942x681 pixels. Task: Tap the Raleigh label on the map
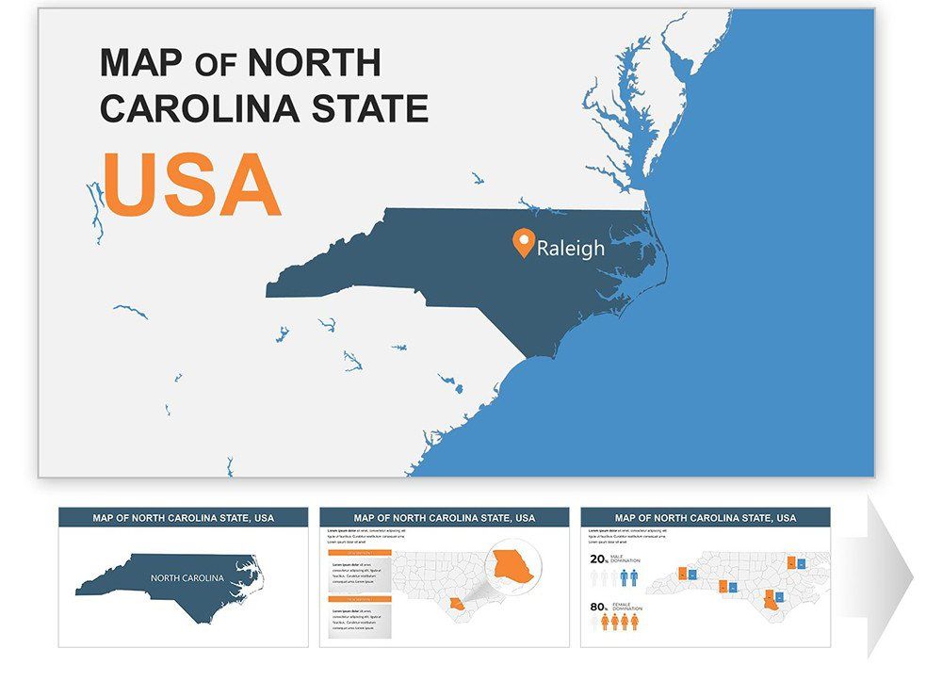570,249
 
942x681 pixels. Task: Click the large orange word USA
191,184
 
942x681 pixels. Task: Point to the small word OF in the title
216,65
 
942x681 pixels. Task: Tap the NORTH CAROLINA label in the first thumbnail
187,577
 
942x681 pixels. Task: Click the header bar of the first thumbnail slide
183,517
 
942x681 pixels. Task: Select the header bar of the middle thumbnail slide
444,517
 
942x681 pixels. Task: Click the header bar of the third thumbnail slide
705,517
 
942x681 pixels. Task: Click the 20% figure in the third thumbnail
599,559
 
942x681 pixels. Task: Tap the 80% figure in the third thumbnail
599,608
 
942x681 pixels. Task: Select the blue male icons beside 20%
628,576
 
